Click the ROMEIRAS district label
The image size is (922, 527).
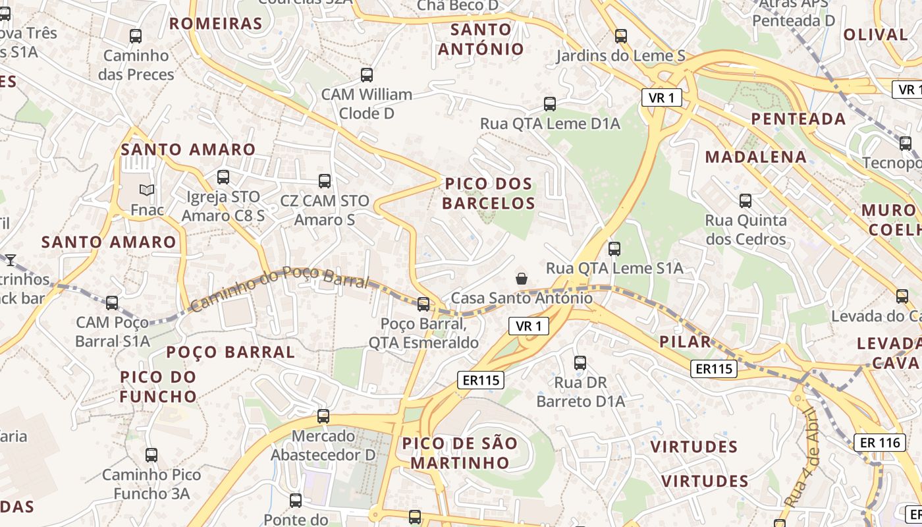click(x=216, y=24)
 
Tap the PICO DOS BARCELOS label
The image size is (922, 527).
click(x=488, y=193)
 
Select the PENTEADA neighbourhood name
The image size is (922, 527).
click(x=799, y=119)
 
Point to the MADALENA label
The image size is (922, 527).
click(x=755, y=157)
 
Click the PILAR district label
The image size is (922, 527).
click(x=686, y=342)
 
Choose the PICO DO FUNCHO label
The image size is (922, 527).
click(x=158, y=387)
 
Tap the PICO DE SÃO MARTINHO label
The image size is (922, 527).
click(x=460, y=453)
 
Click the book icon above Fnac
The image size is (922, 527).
click(x=147, y=190)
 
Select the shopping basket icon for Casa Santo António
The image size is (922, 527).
click(x=522, y=279)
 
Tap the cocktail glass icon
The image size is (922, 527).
click(x=11, y=260)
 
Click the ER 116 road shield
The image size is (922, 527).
click(x=880, y=443)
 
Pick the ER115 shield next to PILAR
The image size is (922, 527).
click(x=714, y=369)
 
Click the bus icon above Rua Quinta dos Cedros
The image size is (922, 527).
click(x=746, y=201)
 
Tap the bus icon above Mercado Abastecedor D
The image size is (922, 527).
click(x=323, y=416)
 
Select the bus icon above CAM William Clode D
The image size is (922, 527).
click(x=367, y=75)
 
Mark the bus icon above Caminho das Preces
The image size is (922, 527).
click(x=136, y=37)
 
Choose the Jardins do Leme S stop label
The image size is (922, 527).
click(x=620, y=56)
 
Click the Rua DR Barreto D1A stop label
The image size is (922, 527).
click(x=580, y=391)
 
